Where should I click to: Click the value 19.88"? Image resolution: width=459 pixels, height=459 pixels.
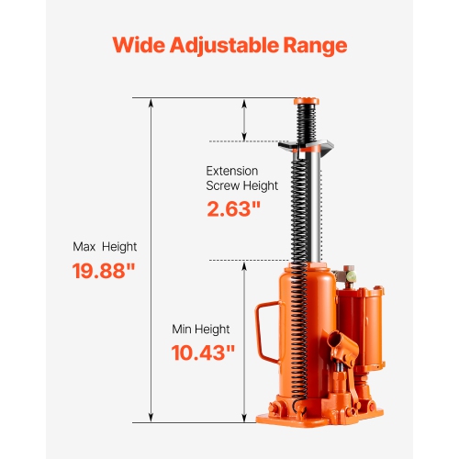tap(104, 271)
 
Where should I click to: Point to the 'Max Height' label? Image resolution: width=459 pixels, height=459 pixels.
tap(105, 246)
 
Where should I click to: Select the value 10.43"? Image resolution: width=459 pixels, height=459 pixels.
tap(204, 352)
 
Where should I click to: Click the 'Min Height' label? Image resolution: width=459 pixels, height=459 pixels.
tap(201, 329)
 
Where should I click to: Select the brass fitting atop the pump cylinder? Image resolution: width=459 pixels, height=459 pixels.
tap(349, 274)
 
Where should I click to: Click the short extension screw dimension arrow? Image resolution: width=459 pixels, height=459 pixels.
tap(244, 118)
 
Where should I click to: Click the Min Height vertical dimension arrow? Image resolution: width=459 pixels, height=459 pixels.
tap(244, 341)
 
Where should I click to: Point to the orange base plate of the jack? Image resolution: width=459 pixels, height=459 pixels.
tap(321, 419)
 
